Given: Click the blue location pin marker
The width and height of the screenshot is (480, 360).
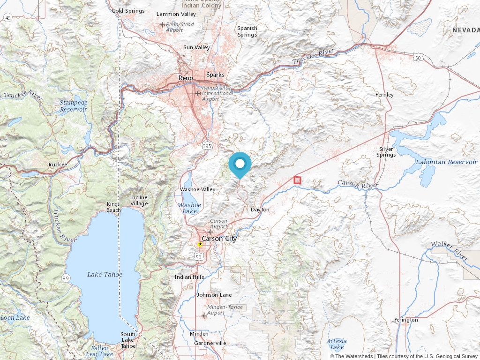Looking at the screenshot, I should (240, 165).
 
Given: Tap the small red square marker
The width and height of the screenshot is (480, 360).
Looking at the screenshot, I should (297, 180).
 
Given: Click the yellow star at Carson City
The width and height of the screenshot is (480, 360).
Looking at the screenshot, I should (200, 244).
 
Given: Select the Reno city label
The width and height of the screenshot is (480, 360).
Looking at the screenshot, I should (186, 77).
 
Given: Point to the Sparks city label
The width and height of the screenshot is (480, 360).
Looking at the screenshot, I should (215, 75).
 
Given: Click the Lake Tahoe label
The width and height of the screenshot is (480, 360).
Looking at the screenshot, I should (105, 274).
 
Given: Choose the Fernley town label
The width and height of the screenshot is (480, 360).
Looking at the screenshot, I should (384, 95).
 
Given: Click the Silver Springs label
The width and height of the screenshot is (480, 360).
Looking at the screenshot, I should (386, 152).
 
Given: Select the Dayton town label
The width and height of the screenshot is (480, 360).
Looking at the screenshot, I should (260, 210).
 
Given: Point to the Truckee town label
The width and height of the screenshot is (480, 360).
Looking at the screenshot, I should (58, 165).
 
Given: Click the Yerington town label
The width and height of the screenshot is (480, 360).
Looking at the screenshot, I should (406, 320).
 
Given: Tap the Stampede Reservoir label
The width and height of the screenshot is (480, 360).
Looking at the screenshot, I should (74, 105).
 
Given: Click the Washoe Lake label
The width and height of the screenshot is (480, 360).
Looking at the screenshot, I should (189, 208).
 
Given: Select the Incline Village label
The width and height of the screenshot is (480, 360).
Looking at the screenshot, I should (139, 200).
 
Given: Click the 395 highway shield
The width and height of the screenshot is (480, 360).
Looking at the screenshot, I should (207, 146).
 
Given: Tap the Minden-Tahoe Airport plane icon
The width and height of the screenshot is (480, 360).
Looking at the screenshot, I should (203, 315).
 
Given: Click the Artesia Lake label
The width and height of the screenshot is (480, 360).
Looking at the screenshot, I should (337, 344).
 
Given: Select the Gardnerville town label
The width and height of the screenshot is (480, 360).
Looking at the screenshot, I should (210, 343).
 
